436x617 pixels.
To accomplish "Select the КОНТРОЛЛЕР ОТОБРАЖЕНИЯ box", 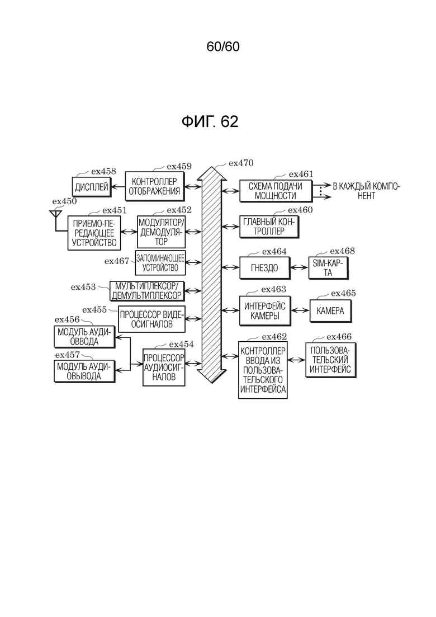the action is (154, 186).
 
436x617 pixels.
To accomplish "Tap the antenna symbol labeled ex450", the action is (55, 215).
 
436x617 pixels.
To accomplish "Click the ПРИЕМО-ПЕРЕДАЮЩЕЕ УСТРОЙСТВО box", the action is (94, 233).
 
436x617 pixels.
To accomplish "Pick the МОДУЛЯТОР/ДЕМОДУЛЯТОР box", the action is (161, 232).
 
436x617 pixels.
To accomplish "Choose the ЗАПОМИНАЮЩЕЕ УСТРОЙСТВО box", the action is (160, 263).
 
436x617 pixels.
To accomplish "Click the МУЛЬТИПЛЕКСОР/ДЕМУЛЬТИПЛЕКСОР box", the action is (146, 291).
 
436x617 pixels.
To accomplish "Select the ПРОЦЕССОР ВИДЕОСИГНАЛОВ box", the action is (151, 319).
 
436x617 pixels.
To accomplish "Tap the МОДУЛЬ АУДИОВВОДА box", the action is (84, 337).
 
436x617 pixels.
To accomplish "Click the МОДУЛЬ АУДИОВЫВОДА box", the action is (84, 371).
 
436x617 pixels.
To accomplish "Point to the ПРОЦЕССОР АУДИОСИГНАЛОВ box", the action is (164, 367).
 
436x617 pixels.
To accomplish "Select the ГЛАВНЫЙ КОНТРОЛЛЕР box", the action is (269, 227).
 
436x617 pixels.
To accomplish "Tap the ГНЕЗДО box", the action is (265, 269).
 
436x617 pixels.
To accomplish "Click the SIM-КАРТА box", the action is (328, 268).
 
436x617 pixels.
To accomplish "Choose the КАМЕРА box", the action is (331, 311).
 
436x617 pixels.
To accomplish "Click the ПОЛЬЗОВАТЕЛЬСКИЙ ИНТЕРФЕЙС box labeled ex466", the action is (331, 360).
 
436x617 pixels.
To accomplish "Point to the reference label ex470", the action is (241, 163).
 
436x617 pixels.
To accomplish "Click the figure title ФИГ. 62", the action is (210, 121).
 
